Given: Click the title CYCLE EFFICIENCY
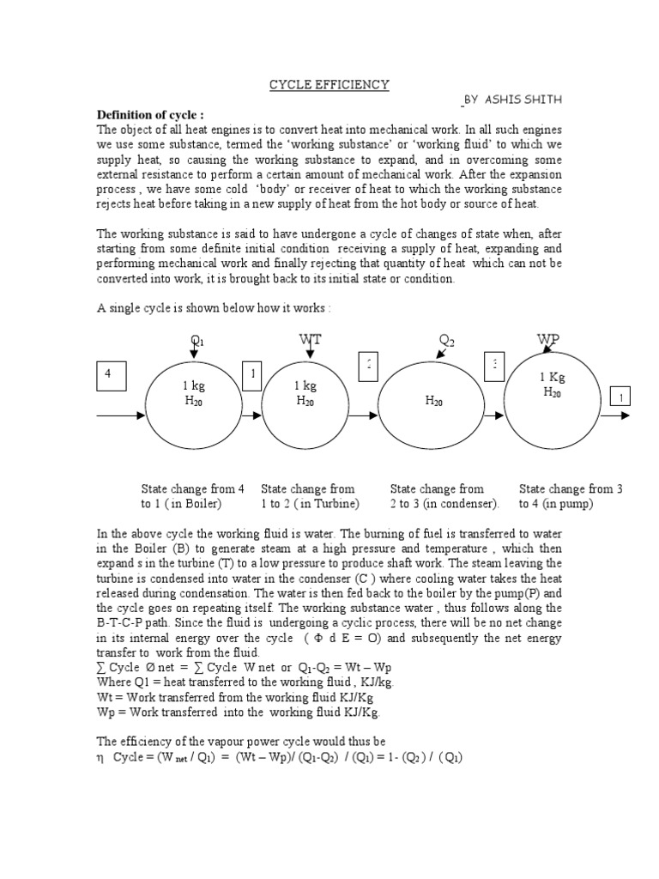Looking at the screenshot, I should [x=329, y=84].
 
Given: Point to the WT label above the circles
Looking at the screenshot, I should [x=310, y=340].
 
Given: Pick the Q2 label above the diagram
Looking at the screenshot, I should [x=446, y=341].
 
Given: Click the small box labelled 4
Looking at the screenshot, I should [x=108, y=376].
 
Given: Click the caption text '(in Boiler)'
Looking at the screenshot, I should [x=193, y=503].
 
